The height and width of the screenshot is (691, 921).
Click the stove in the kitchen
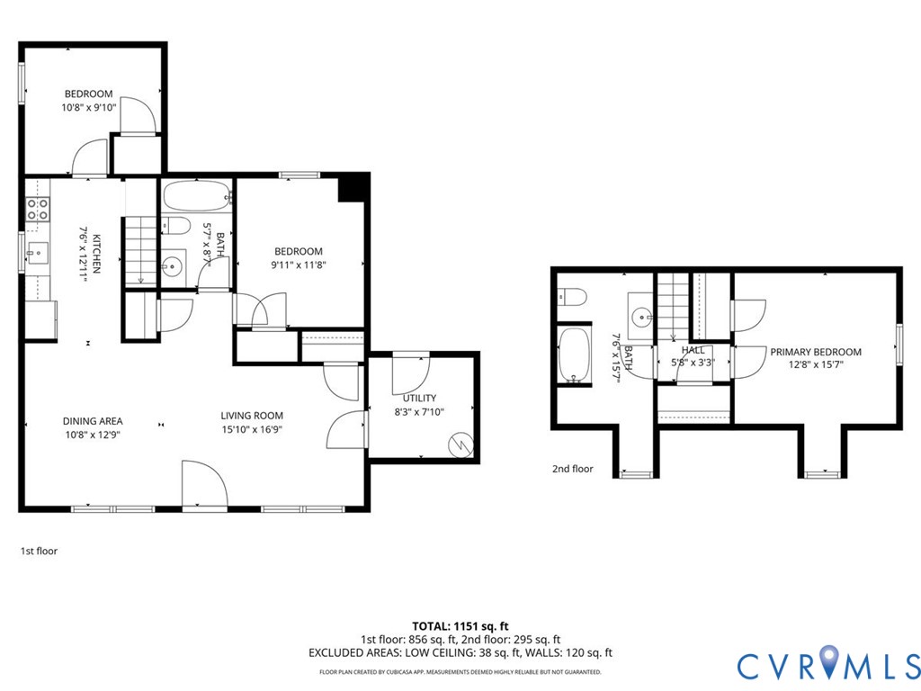point(38,210)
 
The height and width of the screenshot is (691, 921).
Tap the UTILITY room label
point(419,398)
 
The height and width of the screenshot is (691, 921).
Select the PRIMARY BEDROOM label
point(815,352)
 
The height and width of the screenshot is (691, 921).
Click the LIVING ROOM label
point(252,416)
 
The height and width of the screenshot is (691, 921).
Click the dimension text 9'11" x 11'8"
point(298,265)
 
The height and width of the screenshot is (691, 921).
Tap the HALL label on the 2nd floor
point(693,350)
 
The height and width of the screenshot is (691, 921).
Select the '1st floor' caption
point(39,551)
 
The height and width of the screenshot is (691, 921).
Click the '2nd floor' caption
point(573,469)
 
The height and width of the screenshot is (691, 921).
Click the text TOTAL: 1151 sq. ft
point(460,625)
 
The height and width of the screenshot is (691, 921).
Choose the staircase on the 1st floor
point(140,252)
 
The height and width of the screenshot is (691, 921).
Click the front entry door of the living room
point(203,486)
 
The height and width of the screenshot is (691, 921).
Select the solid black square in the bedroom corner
point(351,189)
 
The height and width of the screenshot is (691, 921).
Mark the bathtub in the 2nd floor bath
point(573,354)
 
